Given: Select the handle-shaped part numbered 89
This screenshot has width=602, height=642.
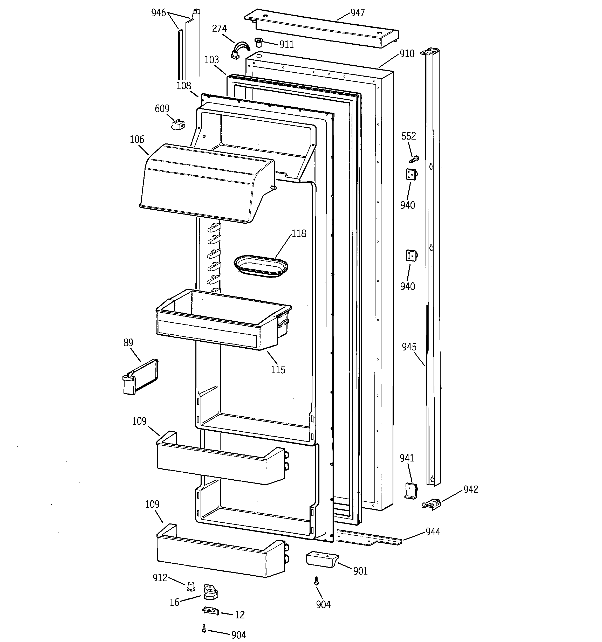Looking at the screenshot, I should point(140,377).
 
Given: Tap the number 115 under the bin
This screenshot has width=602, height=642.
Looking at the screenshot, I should point(278,370).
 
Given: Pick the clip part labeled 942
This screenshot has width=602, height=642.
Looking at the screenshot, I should point(432,505).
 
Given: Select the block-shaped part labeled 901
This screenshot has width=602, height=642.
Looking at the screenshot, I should point(322,559).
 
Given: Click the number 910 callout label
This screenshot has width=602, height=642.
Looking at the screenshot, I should point(407,54).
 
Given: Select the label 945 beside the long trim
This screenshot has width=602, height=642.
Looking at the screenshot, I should point(409,347).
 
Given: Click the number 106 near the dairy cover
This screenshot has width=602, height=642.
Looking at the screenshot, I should point(137,140).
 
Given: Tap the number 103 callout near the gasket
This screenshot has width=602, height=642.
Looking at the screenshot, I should point(212,60).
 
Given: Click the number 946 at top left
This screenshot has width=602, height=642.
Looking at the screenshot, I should point(158,13).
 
